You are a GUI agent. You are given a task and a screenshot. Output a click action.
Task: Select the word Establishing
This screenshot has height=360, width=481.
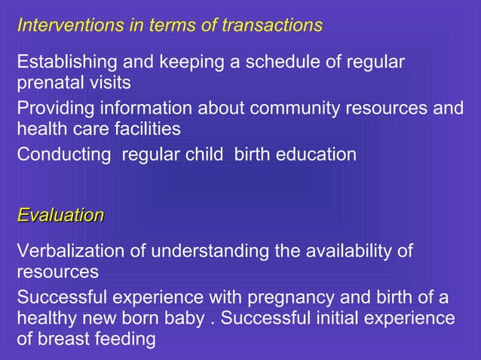click(x=63, y=62)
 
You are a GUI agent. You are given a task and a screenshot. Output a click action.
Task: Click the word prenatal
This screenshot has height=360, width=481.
click(x=47, y=81)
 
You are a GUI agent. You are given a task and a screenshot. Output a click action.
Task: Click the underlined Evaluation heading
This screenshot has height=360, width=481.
click(x=60, y=215)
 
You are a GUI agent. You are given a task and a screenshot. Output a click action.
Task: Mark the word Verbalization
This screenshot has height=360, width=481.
click(x=71, y=251)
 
